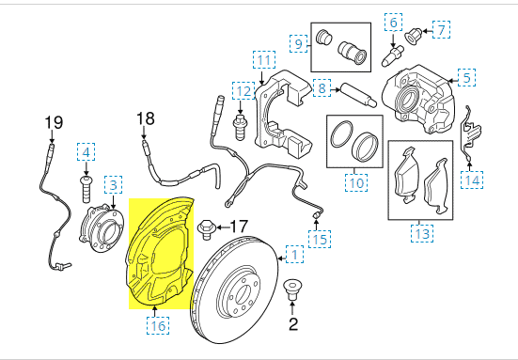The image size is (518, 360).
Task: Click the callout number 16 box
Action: coord(156,325)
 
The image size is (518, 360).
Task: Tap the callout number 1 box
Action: coord(295,254)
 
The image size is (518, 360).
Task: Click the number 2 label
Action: coord(291,325)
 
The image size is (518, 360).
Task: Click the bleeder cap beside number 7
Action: coord(414,33)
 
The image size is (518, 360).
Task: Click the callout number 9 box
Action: coord(299,43)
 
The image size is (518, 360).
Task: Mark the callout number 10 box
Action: coord(354,183)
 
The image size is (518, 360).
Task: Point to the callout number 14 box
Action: coord(472,178)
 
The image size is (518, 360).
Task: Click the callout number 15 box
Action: coord(322,239)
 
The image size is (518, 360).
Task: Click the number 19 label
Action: coord(53,122)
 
